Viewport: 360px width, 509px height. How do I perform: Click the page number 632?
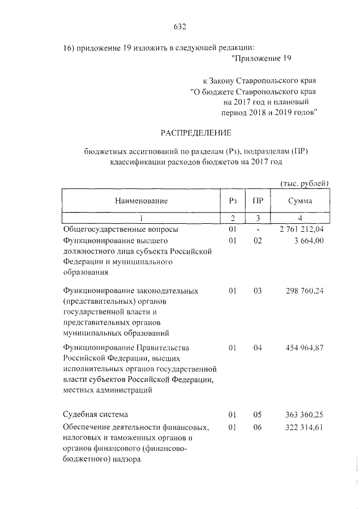click(x=180, y=26)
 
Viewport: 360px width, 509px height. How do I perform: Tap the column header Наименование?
click(x=141, y=201)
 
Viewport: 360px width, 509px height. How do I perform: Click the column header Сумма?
click(x=300, y=201)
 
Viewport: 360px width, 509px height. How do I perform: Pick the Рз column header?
click(x=233, y=201)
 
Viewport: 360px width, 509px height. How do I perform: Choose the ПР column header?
click(x=258, y=201)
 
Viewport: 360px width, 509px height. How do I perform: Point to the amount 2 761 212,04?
click(x=301, y=229)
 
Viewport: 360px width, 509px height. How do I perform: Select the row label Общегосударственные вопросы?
click(x=120, y=229)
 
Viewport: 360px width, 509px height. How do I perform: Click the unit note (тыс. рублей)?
click(x=304, y=183)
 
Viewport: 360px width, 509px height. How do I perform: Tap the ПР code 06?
click(x=258, y=427)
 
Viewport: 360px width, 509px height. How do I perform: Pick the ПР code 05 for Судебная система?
click(x=258, y=415)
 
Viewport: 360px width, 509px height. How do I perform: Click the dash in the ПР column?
click(x=258, y=229)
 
